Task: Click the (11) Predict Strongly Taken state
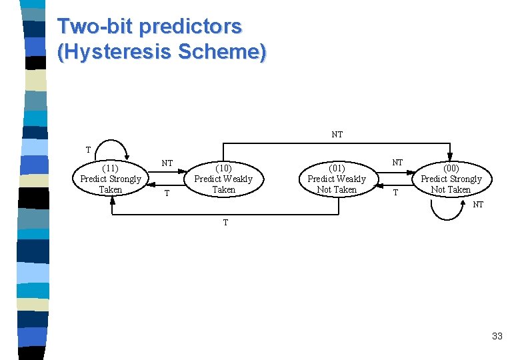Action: pyautogui.click(x=111, y=179)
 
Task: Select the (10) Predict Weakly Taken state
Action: pyautogui.click(x=223, y=179)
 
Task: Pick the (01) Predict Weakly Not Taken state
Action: pyautogui.click(x=337, y=179)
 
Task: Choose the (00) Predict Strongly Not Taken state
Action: pyautogui.click(x=451, y=179)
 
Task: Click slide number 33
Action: pyautogui.click(x=497, y=336)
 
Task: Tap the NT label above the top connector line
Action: pyautogui.click(x=337, y=135)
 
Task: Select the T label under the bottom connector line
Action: pyautogui.click(x=225, y=223)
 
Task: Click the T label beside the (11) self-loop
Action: pyautogui.click(x=88, y=149)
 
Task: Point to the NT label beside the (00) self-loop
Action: pyautogui.click(x=478, y=205)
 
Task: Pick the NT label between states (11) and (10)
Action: pyautogui.click(x=167, y=163)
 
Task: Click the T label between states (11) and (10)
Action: pyautogui.click(x=167, y=193)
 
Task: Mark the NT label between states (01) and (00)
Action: pyautogui.click(x=397, y=162)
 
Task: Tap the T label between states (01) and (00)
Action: pyautogui.click(x=395, y=193)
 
